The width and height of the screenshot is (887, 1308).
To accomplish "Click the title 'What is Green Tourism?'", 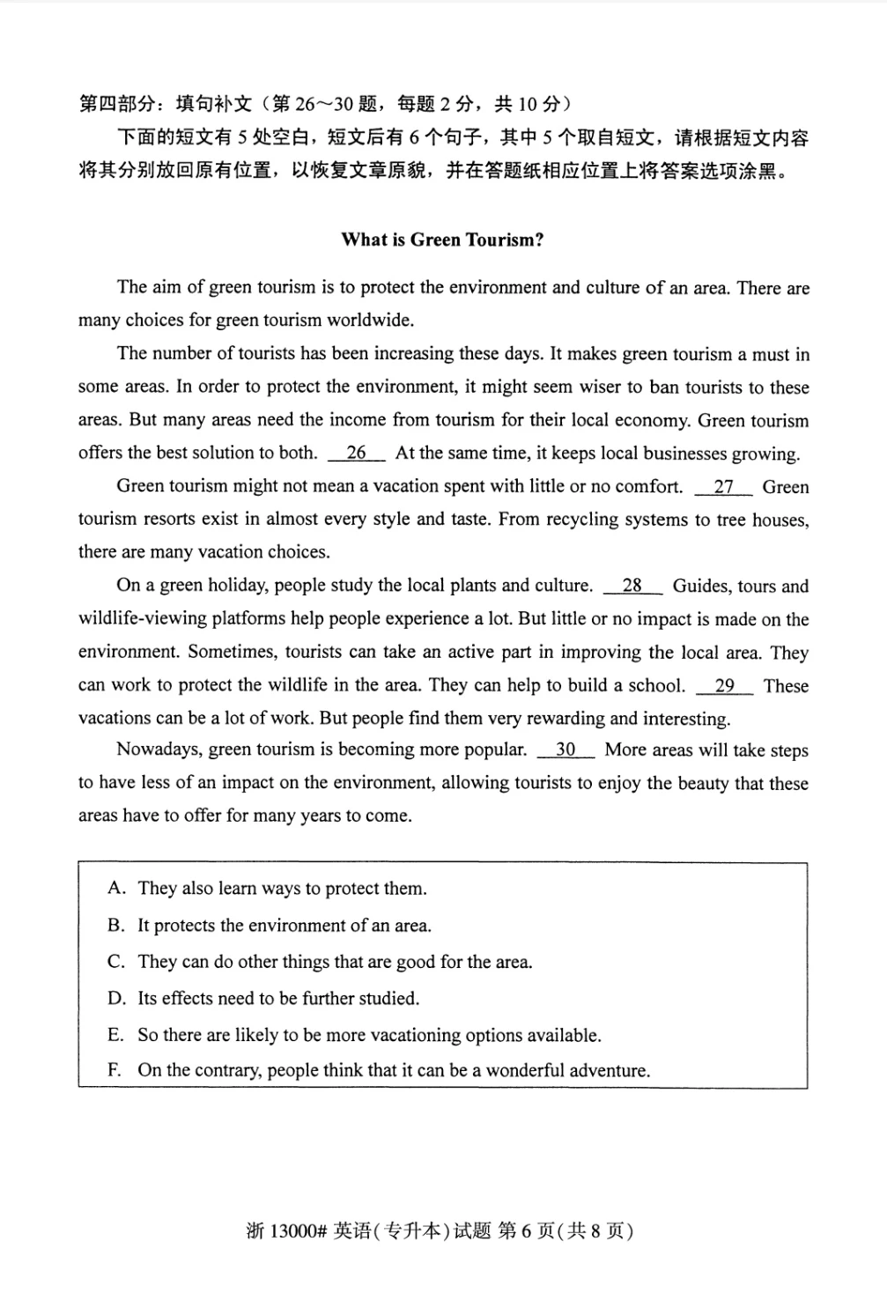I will click(442, 240).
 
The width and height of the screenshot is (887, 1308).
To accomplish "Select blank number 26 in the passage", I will click(356, 453).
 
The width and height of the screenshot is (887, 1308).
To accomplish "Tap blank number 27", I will click(723, 486).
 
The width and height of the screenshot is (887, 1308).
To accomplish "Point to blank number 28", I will click(632, 586).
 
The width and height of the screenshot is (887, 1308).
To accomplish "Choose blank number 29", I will click(724, 685).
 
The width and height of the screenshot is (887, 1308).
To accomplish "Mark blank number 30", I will click(565, 750).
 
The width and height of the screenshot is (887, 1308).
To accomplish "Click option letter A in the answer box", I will click(115, 888).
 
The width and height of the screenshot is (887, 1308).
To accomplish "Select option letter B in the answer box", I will click(115, 925).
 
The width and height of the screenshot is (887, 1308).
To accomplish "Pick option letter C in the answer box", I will click(115, 962).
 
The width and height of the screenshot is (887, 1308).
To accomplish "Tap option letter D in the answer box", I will click(116, 998).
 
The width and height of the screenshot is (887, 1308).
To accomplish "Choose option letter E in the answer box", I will click(115, 1035).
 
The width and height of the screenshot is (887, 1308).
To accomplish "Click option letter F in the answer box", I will click(115, 1071).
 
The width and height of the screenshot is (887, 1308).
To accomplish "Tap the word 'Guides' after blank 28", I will click(701, 586).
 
